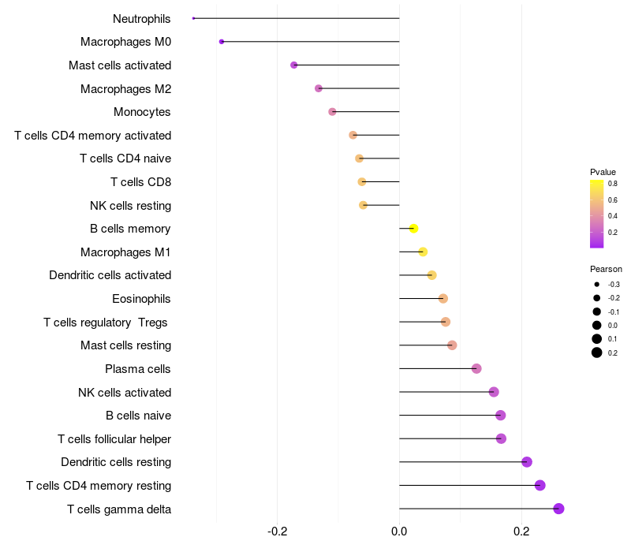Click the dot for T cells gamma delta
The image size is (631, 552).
[558, 509]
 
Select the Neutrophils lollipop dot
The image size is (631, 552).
[193, 18]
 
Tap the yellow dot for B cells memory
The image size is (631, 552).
[413, 229]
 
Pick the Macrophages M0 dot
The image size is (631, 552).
[222, 42]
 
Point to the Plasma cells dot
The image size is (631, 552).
[476, 369]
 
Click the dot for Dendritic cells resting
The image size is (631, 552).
[527, 462]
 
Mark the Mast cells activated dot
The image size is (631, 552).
[294, 65]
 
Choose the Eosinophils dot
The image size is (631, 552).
[443, 299]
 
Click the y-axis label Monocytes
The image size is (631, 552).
[142, 112]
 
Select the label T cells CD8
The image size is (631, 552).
[140, 182]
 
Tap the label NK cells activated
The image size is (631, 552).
[125, 393]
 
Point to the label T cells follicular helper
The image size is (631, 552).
[114, 439]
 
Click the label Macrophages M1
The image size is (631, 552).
[125, 252]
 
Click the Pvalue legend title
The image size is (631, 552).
[603, 172]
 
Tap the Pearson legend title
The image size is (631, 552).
[606, 269]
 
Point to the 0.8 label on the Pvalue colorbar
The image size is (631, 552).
[612, 184]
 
